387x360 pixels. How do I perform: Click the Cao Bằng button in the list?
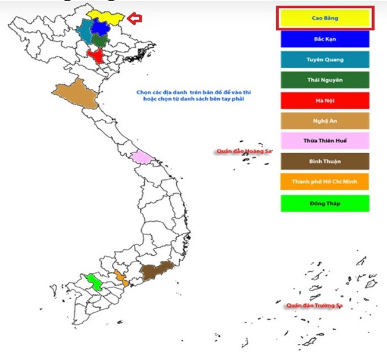tap(325, 18)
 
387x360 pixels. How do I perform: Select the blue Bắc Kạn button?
tap(325, 39)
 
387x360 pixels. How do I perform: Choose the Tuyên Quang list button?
tap(325, 60)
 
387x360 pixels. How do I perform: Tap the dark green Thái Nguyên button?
tap(325, 80)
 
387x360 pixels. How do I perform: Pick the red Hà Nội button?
tap(325, 100)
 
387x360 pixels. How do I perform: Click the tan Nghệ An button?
tap(325, 121)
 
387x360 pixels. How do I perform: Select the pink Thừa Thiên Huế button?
tap(325, 141)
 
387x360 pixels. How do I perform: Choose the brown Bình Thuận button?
tap(325, 161)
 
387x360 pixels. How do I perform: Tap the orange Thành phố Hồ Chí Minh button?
tap(325, 181)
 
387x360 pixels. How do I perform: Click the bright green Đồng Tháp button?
tap(325, 203)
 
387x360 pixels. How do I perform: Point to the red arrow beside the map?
tap(136, 19)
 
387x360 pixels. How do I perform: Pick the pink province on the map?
tap(141, 157)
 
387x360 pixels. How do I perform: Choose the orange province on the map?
tap(121, 277)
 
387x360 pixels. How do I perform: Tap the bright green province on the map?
tap(93, 280)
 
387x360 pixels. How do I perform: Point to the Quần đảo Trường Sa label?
tap(314, 305)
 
